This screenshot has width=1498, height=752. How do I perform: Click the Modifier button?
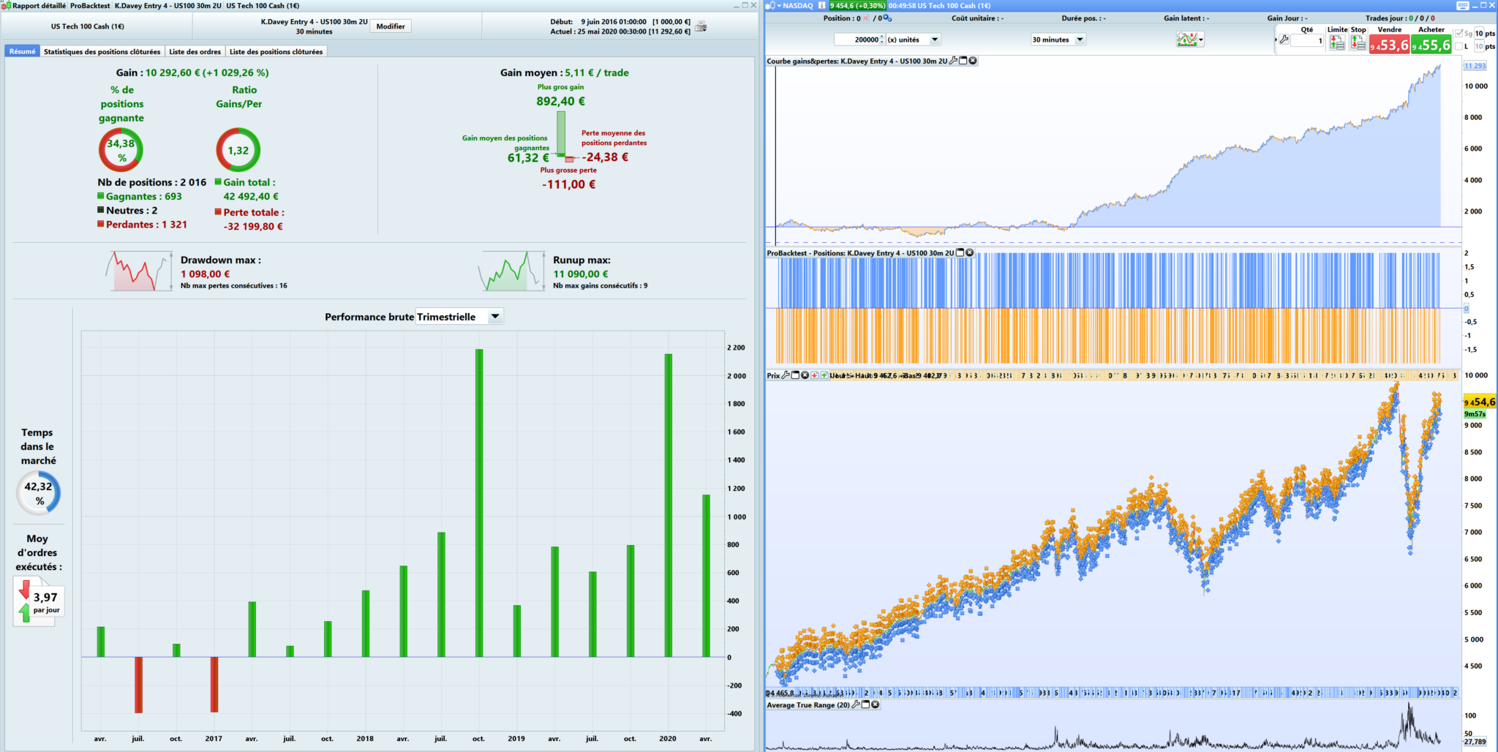click(x=391, y=26)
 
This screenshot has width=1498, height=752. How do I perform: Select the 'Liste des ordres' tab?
click(x=195, y=52)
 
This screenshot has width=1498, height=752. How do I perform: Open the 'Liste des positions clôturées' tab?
click(x=276, y=52)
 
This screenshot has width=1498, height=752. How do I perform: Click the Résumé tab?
click(x=23, y=52)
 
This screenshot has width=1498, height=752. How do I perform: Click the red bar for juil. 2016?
click(x=138, y=684)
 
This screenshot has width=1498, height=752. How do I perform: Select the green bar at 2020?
click(x=668, y=505)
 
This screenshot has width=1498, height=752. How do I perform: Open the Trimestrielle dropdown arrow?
click(x=495, y=317)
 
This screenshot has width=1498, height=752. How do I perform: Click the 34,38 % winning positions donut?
click(x=121, y=150)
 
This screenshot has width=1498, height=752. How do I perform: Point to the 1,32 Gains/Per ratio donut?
click(x=238, y=150)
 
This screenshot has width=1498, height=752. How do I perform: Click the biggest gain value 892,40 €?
click(x=560, y=102)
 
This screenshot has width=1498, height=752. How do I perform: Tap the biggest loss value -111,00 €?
click(x=568, y=184)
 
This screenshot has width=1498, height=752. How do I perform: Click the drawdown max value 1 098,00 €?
click(x=205, y=274)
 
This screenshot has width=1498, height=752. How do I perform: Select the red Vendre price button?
click(x=1389, y=45)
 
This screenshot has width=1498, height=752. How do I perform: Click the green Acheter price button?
click(x=1431, y=45)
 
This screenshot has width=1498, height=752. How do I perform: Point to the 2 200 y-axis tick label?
click(x=736, y=347)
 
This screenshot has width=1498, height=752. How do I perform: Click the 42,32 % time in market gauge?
click(x=39, y=493)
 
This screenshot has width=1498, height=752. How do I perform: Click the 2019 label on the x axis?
click(x=516, y=739)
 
